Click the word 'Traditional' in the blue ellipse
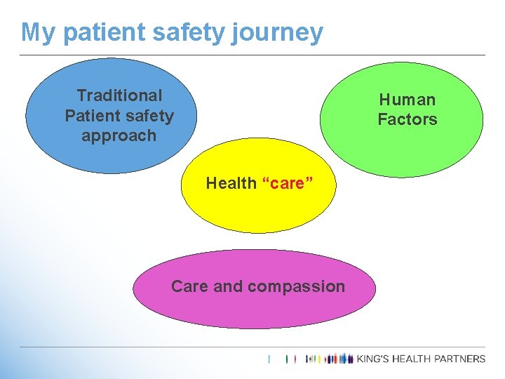[119, 95]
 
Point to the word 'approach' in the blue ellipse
[119, 135]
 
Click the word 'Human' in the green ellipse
[408, 100]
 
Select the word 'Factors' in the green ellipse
[408, 119]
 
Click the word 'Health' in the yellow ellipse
[231, 183]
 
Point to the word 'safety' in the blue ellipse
[149, 115]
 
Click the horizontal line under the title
[252, 55]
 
